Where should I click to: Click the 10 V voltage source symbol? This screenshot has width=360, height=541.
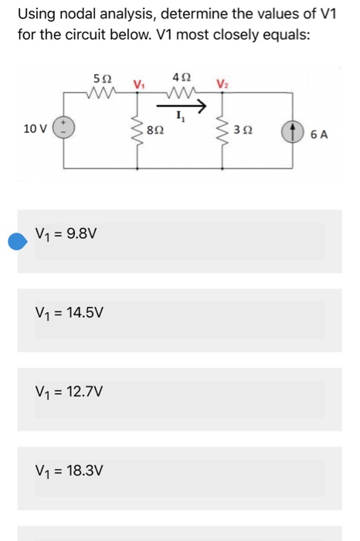[x=63, y=128]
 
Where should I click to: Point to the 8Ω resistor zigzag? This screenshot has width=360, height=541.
[x=140, y=130]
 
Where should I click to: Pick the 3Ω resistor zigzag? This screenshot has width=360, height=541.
[x=226, y=131]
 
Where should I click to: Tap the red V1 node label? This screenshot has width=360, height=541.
[x=138, y=83]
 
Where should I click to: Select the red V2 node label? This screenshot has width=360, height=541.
[x=222, y=83]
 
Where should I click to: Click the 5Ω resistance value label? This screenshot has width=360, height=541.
[x=100, y=78]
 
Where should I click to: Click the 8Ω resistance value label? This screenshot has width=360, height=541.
[x=157, y=131]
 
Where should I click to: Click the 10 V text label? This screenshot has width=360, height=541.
[x=36, y=128]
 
